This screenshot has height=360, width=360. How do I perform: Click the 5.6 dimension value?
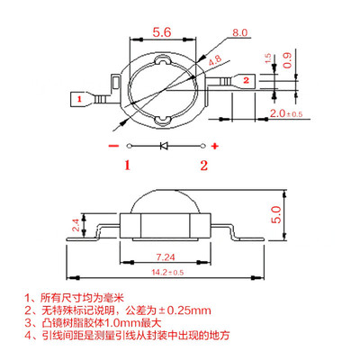(164, 30)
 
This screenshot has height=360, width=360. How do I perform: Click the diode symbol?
(164, 145)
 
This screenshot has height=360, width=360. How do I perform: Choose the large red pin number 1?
(127, 164)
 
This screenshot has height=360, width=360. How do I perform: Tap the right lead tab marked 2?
(245, 80)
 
